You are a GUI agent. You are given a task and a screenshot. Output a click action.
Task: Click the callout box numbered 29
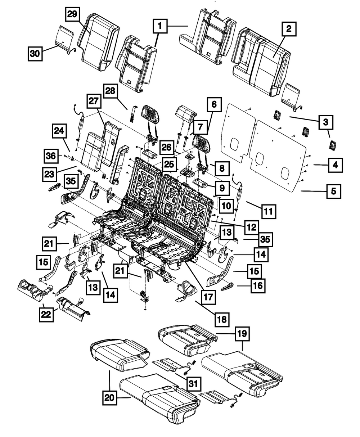(72, 14)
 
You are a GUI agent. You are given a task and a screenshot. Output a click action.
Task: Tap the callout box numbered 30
(35, 54)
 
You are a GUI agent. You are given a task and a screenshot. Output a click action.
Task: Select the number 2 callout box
(289, 29)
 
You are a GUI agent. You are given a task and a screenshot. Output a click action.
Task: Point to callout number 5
(334, 191)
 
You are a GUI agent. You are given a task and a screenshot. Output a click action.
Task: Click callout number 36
(51, 156)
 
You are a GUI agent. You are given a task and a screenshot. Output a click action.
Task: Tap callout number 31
(193, 384)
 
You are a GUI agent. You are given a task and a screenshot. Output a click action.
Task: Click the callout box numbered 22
(46, 314)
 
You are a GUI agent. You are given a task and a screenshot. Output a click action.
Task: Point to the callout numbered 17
(208, 297)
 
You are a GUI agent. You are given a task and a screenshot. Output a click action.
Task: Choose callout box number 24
(59, 131)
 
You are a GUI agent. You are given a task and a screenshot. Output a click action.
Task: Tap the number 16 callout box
(258, 286)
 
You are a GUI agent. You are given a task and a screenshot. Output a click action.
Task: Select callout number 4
(335, 165)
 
